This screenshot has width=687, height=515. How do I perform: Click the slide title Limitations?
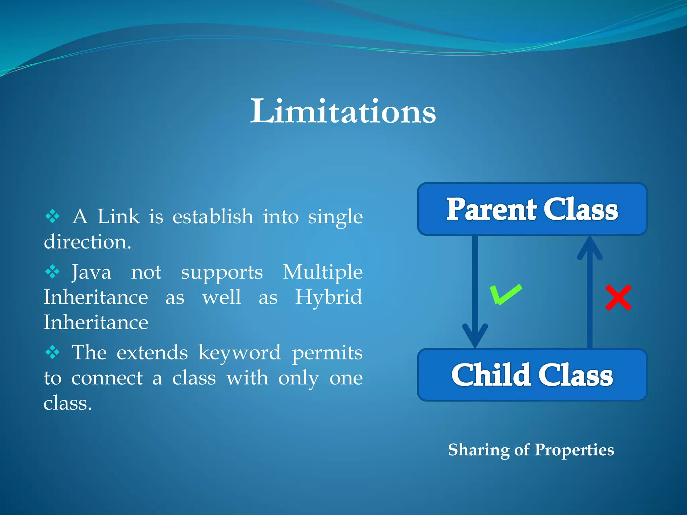[343, 111]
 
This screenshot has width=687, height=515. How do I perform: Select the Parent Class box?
[532, 209]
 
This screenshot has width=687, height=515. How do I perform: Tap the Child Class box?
[532, 375]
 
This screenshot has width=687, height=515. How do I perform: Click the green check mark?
[505, 295]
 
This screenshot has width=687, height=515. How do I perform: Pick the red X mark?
[618, 298]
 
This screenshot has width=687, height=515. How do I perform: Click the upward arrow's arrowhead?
[590, 248]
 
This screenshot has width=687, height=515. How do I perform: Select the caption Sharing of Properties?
[531, 450]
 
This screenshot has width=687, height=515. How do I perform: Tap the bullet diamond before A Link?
[53, 216]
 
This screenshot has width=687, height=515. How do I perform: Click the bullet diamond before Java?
[53, 272]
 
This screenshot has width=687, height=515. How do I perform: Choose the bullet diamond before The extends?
[53, 352]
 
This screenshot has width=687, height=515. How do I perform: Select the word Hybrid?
[328, 297]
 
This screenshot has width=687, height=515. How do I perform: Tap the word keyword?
[239, 353]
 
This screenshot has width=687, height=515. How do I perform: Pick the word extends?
[152, 353]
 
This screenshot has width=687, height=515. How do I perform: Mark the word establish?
[213, 217]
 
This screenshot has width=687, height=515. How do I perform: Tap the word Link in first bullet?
[118, 217]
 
